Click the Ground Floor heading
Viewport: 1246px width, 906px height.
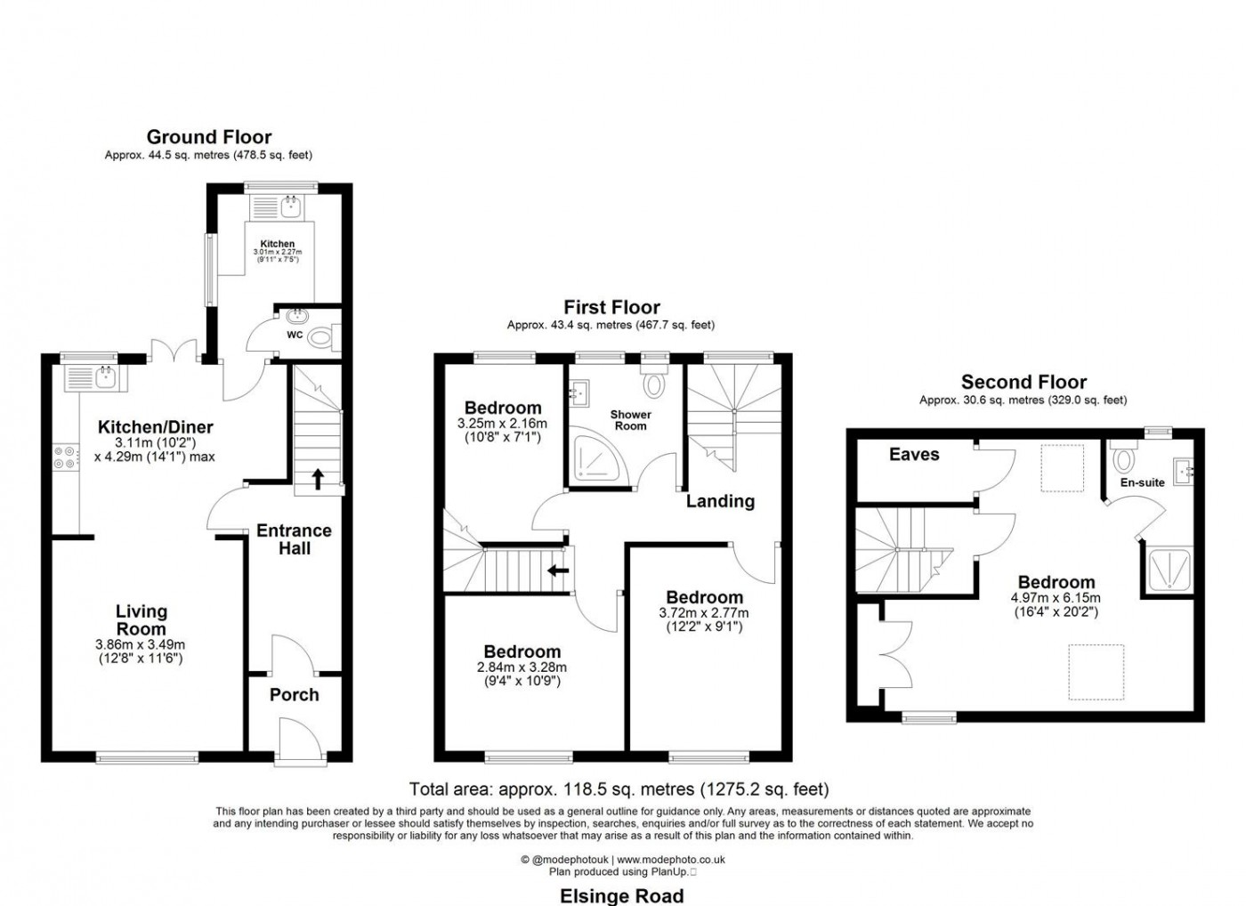pos(209,137)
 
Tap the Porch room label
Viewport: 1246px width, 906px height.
pos(294,695)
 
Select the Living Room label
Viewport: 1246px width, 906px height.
pos(141,620)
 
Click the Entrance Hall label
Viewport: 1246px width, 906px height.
pos(294,539)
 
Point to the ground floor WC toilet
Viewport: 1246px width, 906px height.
pos(321,336)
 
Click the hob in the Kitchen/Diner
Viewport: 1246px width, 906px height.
pos(65,457)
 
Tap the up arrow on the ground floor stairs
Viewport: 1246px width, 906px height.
pos(316,480)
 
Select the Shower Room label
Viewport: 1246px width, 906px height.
pos(630,420)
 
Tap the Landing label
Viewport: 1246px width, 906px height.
pos(720,501)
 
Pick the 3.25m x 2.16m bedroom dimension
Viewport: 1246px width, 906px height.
pos(502,424)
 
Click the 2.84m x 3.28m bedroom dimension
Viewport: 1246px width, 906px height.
pos(522,667)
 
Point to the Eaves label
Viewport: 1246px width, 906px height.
pos(914,455)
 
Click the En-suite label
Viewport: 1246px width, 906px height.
pos(1143,482)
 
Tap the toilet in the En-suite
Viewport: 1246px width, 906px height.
pos(1124,457)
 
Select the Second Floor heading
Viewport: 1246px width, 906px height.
pos(1023,383)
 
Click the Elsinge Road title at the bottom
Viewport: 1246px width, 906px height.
pos(621,895)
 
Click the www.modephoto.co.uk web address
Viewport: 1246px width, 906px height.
pos(671,860)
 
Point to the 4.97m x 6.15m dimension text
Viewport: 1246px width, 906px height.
pos(1056,598)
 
